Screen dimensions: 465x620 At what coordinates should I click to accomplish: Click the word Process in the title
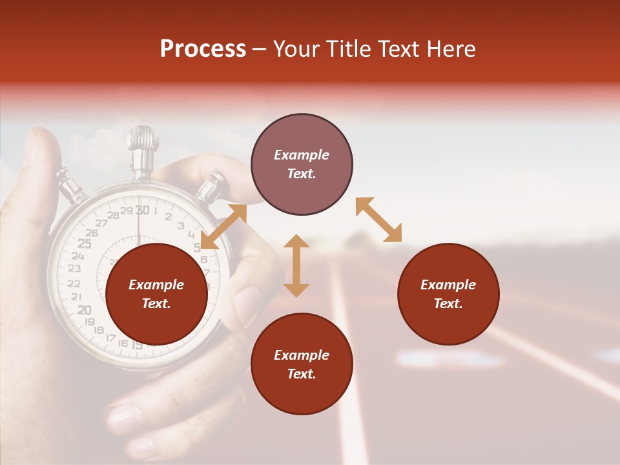pyautogui.click(x=203, y=49)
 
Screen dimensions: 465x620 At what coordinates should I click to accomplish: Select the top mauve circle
pyautogui.click(x=302, y=165)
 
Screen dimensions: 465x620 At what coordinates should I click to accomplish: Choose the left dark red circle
pyautogui.click(x=156, y=294)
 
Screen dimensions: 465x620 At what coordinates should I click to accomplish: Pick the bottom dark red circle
pyautogui.click(x=302, y=365)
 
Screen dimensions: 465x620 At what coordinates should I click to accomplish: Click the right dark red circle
pyautogui.click(x=448, y=294)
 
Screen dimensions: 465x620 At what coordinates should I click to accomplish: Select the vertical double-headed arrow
pyautogui.click(x=296, y=265)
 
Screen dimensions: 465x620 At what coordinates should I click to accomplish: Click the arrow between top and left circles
pyautogui.click(x=223, y=226)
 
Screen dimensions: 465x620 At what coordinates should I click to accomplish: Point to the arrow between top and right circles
pyautogui.click(x=378, y=220)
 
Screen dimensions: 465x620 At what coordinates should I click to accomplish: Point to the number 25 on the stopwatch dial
pyautogui.click(x=84, y=243)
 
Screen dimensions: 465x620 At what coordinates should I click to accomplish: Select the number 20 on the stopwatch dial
pyautogui.click(x=84, y=310)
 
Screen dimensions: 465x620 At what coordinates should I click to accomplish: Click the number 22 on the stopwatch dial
pyautogui.click(x=74, y=283)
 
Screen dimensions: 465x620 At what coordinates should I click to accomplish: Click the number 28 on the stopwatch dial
pyautogui.click(x=113, y=215)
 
